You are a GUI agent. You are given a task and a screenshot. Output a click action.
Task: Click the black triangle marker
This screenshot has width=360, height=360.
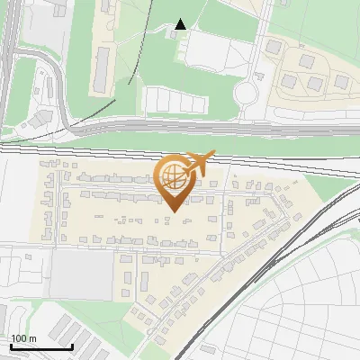[x=181, y=24]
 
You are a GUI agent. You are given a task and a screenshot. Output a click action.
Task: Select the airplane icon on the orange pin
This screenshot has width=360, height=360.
[x=199, y=163]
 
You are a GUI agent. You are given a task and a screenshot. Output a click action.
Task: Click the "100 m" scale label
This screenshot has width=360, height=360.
[x=23, y=338]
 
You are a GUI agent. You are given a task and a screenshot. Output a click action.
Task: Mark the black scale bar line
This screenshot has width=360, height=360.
[x=40, y=346]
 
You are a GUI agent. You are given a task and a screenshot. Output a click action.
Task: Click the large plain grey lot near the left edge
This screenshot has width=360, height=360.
[x=81, y=275]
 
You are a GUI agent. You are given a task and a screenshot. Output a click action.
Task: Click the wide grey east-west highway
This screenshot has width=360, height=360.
[x=180, y=131]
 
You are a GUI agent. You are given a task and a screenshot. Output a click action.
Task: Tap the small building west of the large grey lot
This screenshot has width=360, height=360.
[x=27, y=257]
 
